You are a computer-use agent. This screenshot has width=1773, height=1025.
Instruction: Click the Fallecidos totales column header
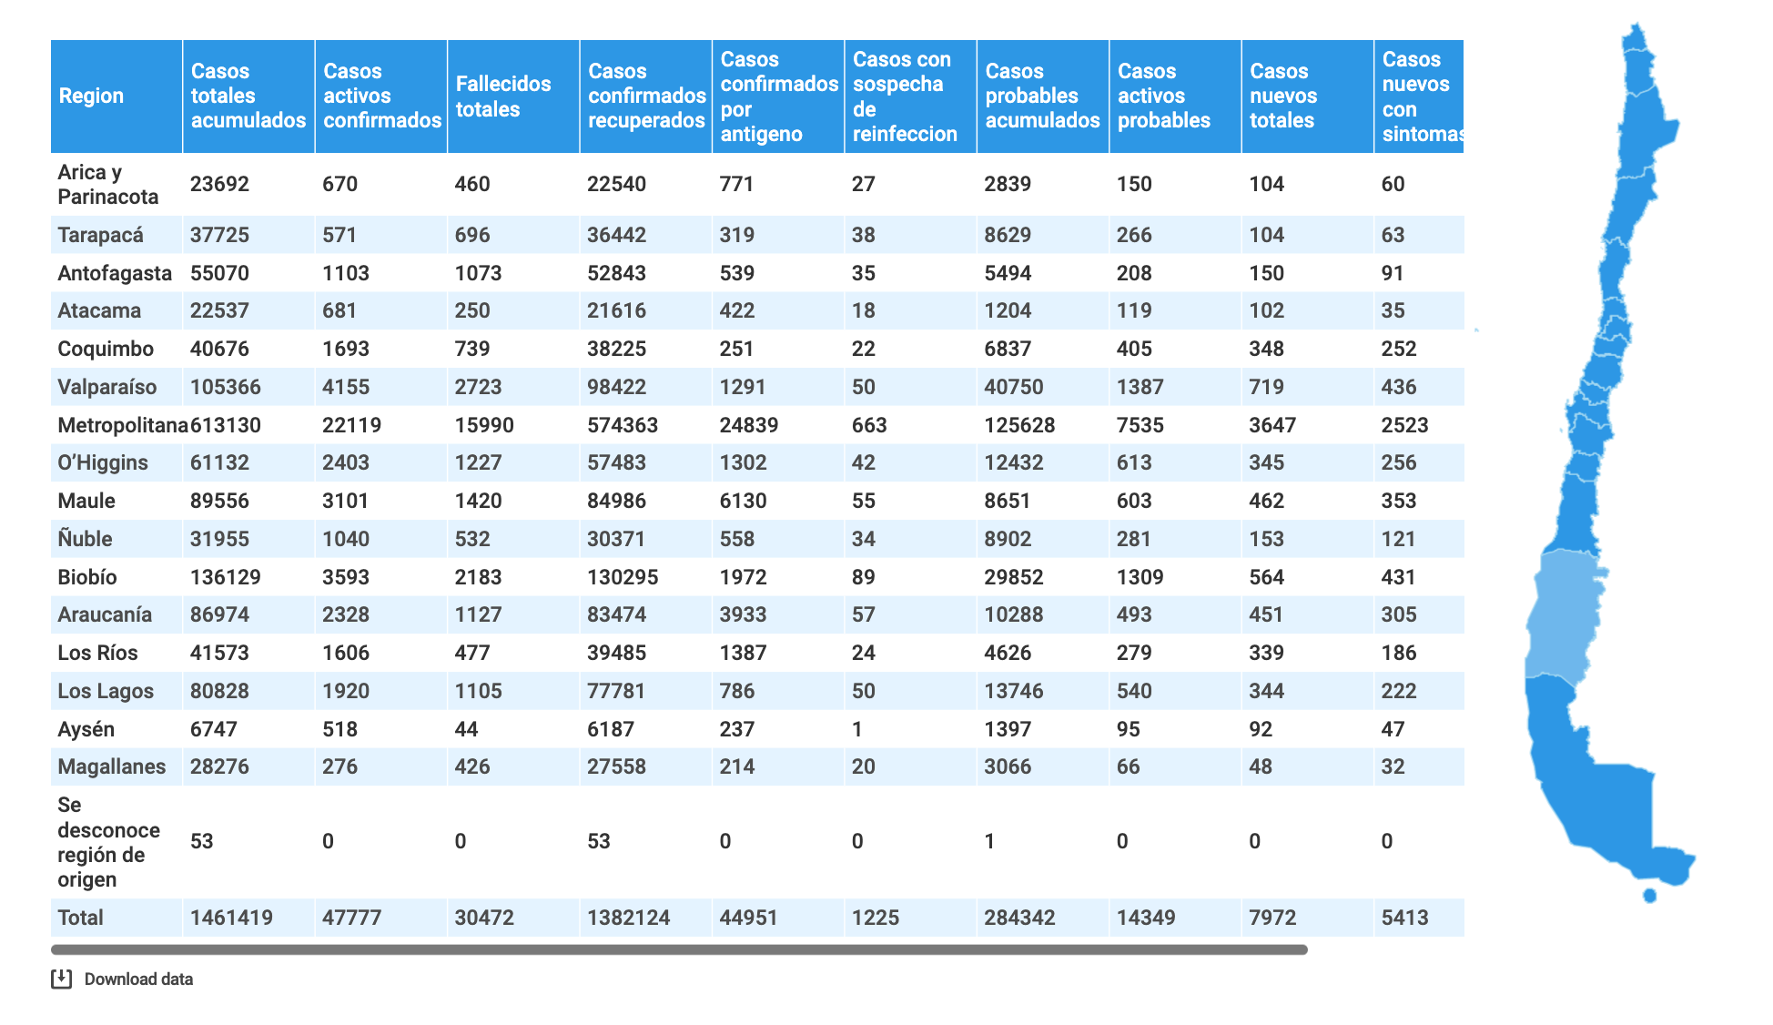[503, 96]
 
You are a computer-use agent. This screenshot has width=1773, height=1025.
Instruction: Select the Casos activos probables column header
[1164, 96]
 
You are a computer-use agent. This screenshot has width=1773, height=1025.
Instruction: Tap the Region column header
[91, 96]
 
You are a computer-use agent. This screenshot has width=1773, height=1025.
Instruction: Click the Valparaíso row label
[107, 387]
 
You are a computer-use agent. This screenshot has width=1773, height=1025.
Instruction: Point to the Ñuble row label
[85, 538]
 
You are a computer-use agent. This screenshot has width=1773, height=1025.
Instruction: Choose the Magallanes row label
[112, 766]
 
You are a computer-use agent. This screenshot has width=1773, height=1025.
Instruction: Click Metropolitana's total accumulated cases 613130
[226, 425]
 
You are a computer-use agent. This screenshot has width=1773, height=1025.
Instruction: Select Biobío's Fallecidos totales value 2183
[478, 577]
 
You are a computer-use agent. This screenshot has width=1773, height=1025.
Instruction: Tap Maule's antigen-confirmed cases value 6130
[743, 501]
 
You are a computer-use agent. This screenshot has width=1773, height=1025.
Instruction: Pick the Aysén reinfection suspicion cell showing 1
[856, 729]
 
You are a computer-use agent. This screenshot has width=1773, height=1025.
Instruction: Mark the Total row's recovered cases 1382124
[628, 918]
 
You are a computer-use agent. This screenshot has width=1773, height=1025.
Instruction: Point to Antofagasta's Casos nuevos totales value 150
[1266, 273]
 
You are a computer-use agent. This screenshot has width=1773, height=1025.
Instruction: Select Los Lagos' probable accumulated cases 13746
[1013, 691]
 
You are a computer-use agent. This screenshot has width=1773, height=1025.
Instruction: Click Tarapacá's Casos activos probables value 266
[1134, 235]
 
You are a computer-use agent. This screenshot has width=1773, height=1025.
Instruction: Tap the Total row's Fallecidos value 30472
[484, 918]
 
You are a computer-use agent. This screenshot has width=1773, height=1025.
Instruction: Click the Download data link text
[138, 979]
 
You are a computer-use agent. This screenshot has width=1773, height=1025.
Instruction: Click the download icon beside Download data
[61, 979]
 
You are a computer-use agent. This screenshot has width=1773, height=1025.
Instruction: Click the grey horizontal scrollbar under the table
[679, 949]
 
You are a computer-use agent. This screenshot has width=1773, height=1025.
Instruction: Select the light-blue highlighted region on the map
[1564, 619]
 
